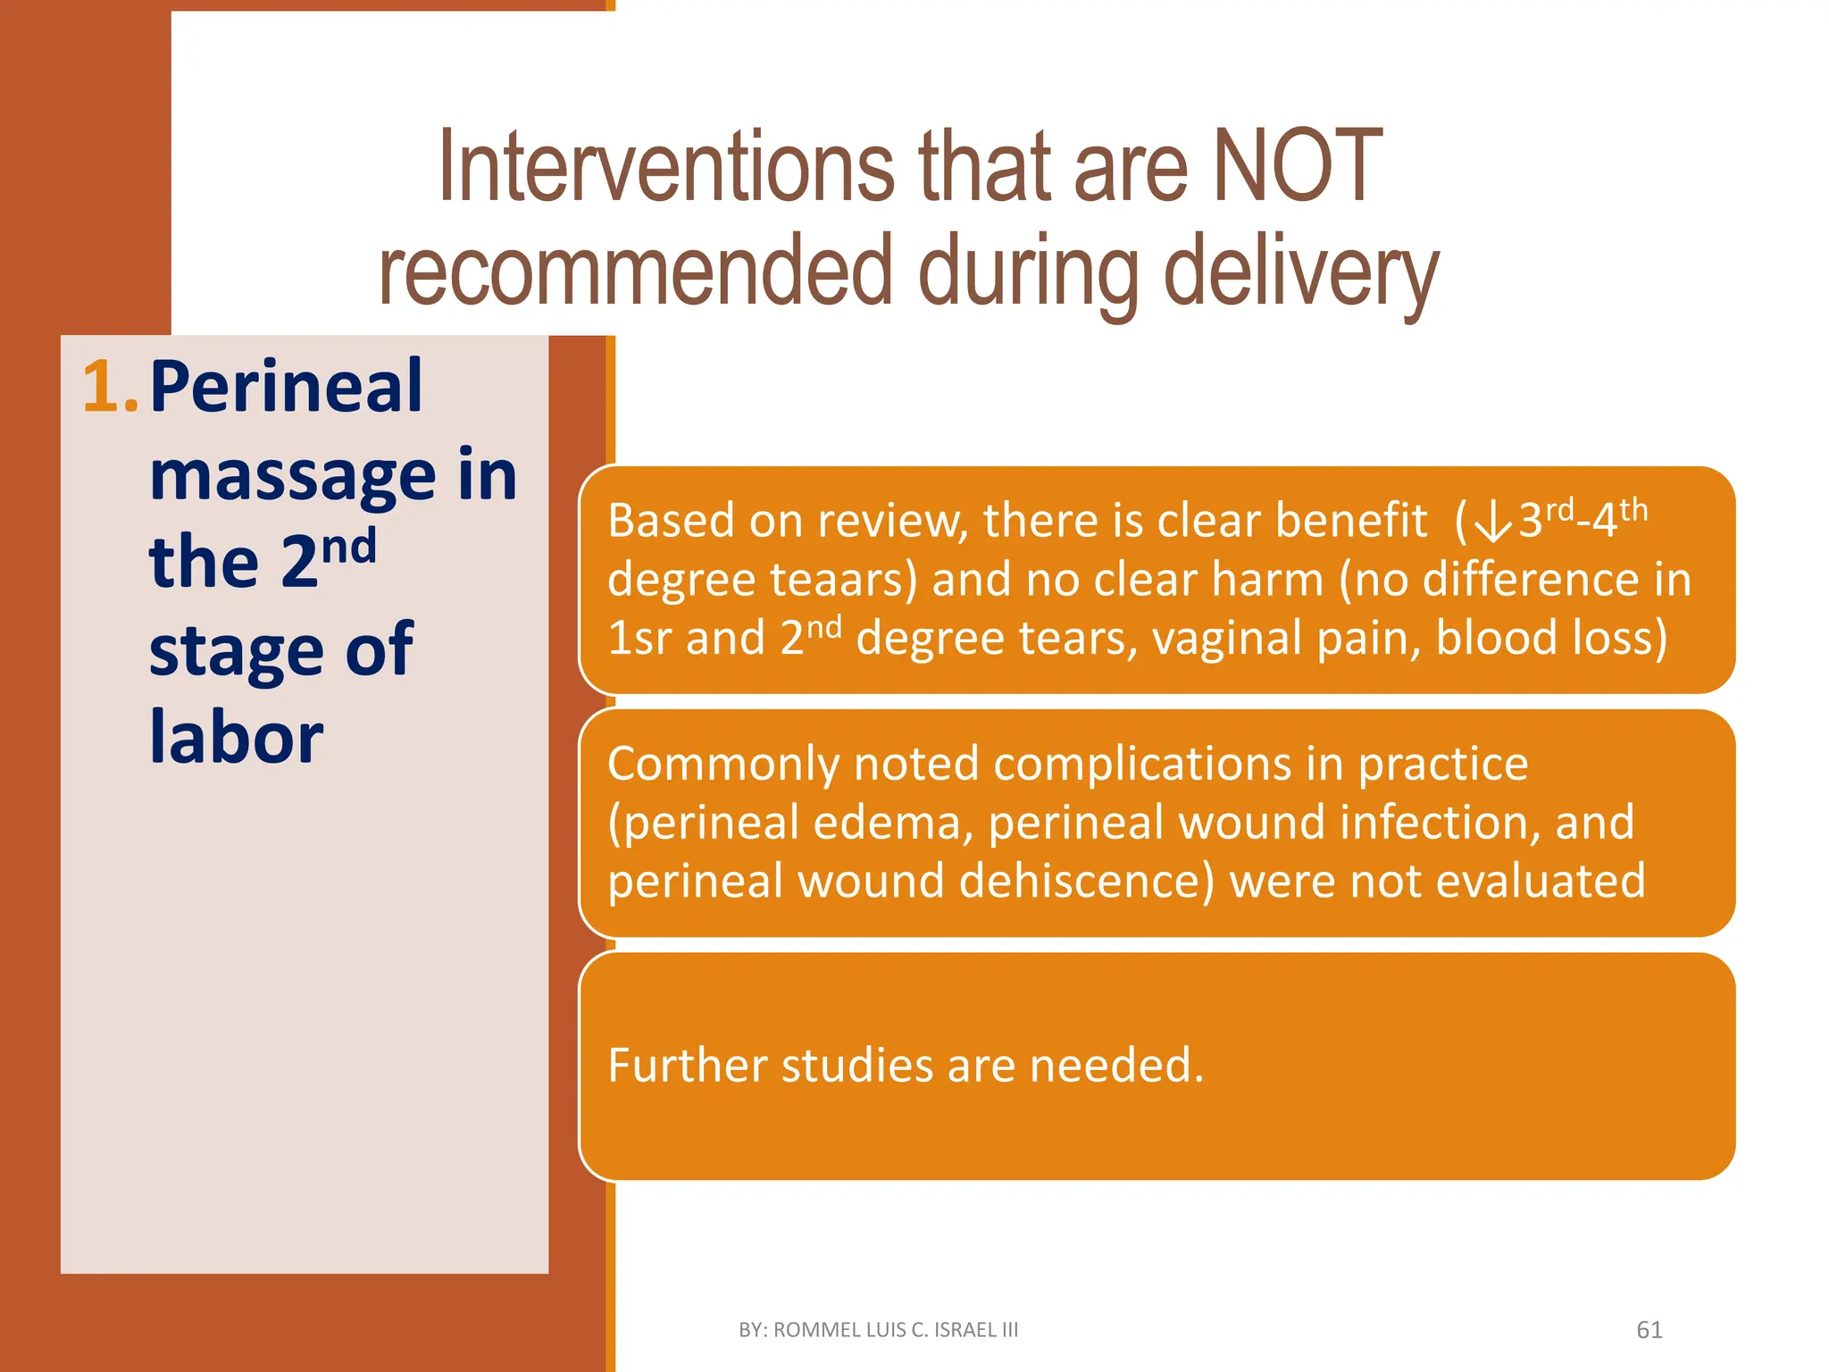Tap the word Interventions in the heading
click(x=666, y=167)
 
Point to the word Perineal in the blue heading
click(x=286, y=387)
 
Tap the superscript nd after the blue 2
click(x=349, y=546)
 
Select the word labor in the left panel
click(x=236, y=738)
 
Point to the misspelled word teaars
click(x=843, y=580)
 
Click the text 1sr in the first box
click(x=639, y=639)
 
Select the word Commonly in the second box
click(x=722, y=765)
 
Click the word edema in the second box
click(x=893, y=823)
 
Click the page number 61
click(x=1649, y=1330)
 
